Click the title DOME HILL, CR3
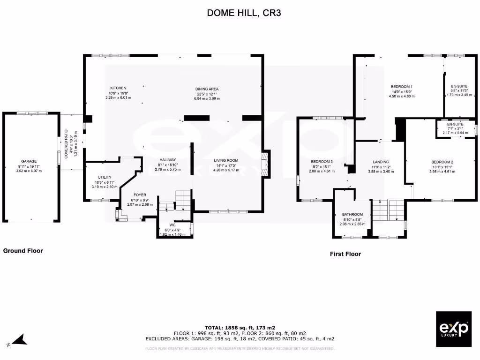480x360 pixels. (x=244, y=13)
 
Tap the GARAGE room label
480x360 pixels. (x=29, y=161)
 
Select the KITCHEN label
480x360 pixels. (x=118, y=88)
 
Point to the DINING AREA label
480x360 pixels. (x=207, y=89)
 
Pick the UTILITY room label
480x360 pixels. (x=105, y=177)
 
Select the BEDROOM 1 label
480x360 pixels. (x=402, y=87)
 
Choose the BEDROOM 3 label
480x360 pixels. (x=322, y=161)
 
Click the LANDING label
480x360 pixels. (x=381, y=162)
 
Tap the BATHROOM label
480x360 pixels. (x=352, y=214)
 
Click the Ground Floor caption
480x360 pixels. (x=23, y=251)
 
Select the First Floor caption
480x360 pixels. (x=345, y=254)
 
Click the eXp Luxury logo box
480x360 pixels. (x=453, y=329)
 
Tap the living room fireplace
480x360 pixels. (x=266, y=164)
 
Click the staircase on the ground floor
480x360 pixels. (x=177, y=201)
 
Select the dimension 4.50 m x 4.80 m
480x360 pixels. (x=402, y=96)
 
